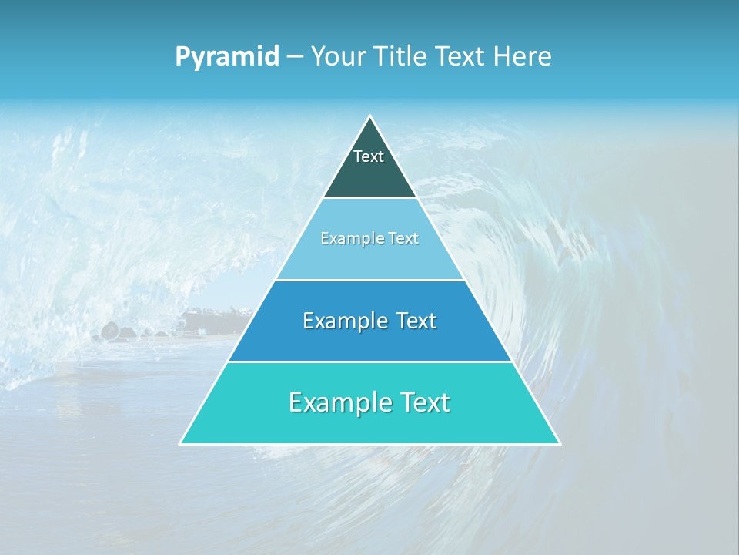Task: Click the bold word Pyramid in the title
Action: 227,57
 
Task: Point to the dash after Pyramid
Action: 294,57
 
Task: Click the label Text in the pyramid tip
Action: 369,156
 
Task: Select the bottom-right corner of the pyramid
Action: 559,443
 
